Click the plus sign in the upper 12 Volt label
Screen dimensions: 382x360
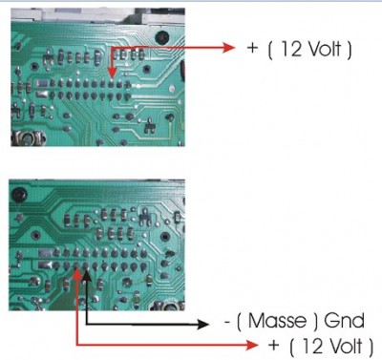tap(252, 48)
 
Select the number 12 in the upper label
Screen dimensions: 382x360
tap(291, 49)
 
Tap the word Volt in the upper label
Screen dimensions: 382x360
tap(324, 49)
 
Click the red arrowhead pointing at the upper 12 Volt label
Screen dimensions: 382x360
tap(229, 48)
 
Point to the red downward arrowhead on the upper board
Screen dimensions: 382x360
tap(112, 72)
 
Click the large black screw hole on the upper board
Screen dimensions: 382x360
tap(162, 37)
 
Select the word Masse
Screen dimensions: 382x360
tap(277, 321)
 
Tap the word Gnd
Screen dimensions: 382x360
tap(345, 321)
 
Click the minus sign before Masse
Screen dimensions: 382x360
tap(227, 322)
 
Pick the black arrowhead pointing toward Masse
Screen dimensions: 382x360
tap(202, 325)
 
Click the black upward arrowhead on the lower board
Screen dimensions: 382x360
tap(87, 276)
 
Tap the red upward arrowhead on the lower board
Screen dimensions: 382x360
tap(77, 276)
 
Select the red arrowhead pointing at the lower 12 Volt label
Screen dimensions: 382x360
tap(252, 345)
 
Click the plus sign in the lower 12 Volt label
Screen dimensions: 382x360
tap(274, 345)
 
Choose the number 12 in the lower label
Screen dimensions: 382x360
tap(313, 346)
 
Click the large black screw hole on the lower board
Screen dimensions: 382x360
tap(19, 194)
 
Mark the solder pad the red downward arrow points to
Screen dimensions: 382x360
tap(111, 84)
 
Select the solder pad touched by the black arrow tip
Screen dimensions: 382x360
tap(86, 265)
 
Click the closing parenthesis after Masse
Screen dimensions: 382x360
tap(316, 322)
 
